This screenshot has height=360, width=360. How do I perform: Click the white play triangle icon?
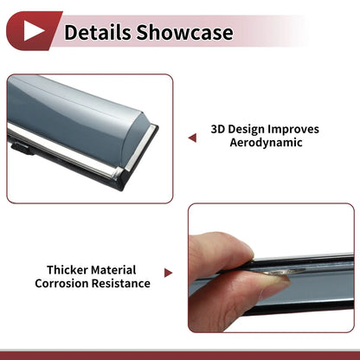click(32, 30)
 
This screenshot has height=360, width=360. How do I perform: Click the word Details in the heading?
click(98, 32)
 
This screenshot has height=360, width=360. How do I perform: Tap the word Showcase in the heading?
click(184, 32)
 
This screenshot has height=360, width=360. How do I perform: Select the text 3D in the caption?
click(217, 129)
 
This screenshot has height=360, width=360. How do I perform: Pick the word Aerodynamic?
click(266, 143)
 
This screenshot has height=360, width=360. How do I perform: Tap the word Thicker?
click(67, 270)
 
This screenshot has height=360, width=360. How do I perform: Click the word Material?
click(113, 270)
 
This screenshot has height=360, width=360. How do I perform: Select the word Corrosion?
click(61, 283)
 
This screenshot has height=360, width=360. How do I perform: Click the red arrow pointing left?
click(192, 138)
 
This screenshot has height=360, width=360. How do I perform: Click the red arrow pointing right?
click(168, 273)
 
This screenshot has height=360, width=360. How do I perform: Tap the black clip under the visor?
click(22, 149)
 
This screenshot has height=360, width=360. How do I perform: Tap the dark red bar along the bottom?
click(180, 356)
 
